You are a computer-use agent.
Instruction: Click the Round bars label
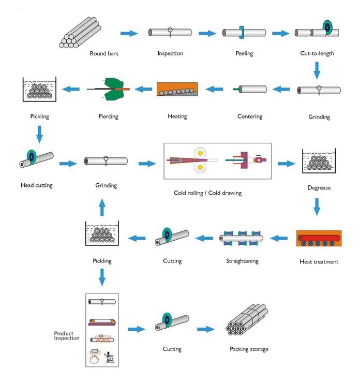click(x=104, y=53)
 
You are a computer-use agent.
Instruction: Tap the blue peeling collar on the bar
click(x=242, y=32)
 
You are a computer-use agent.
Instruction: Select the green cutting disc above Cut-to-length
click(x=327, y=27)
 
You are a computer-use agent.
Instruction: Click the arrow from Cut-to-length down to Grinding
click(x=317, y=70)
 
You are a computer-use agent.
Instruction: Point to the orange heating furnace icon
click(x=177, y=89)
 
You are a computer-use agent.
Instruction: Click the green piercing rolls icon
click(x=114, y=89)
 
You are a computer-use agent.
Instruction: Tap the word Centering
click(x=250, y=116)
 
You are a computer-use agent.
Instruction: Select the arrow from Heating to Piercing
click(x=143, y=89)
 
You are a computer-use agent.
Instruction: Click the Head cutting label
click(x=37, y=185)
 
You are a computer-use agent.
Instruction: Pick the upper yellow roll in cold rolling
click(x=200, y=153)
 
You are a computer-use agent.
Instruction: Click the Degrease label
click(x=319, y=188)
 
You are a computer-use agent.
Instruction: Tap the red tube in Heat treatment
click(x=319, y=238)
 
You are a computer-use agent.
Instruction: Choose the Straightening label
click(x=242, y=261)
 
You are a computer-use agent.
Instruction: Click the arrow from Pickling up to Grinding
click(x=102, y=207)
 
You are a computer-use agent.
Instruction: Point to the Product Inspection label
click(x=67, y=336)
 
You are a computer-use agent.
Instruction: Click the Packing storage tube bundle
click(x=247, y=319)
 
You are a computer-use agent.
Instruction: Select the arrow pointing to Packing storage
click(x=206, y=329)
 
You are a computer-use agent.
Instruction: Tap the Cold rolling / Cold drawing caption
click(x=207, y=193)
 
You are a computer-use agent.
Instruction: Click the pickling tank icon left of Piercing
click(x=39, y=89)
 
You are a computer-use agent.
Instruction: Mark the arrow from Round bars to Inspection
click(x=129, y=33)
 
